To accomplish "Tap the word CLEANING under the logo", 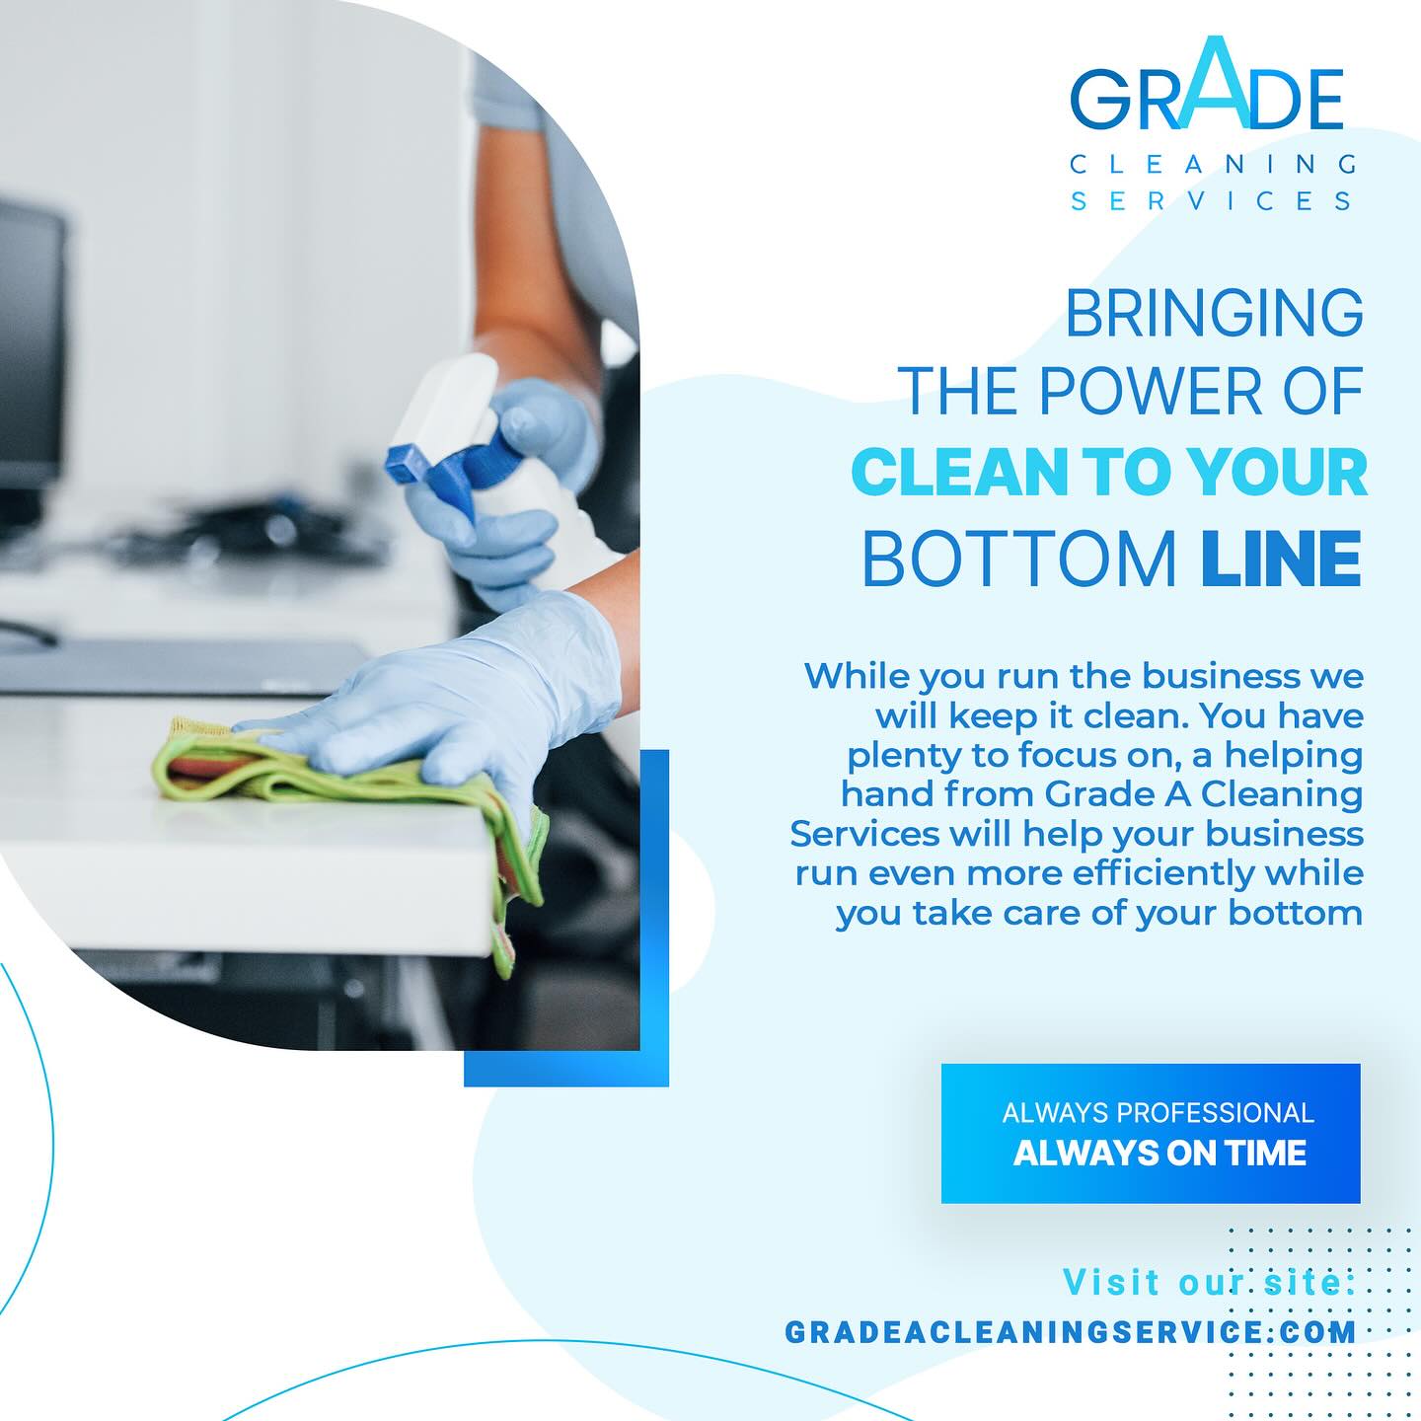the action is tap(1213, 164).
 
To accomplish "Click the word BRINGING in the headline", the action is tap(1214, 313).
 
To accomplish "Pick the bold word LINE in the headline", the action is tap(1281, 558).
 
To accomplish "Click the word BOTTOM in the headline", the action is tap(1019, 558).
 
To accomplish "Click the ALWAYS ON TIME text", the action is tap(1159, 1154).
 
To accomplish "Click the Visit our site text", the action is tap(1210, 1282).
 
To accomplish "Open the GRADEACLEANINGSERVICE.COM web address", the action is tap(1071, 1332).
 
